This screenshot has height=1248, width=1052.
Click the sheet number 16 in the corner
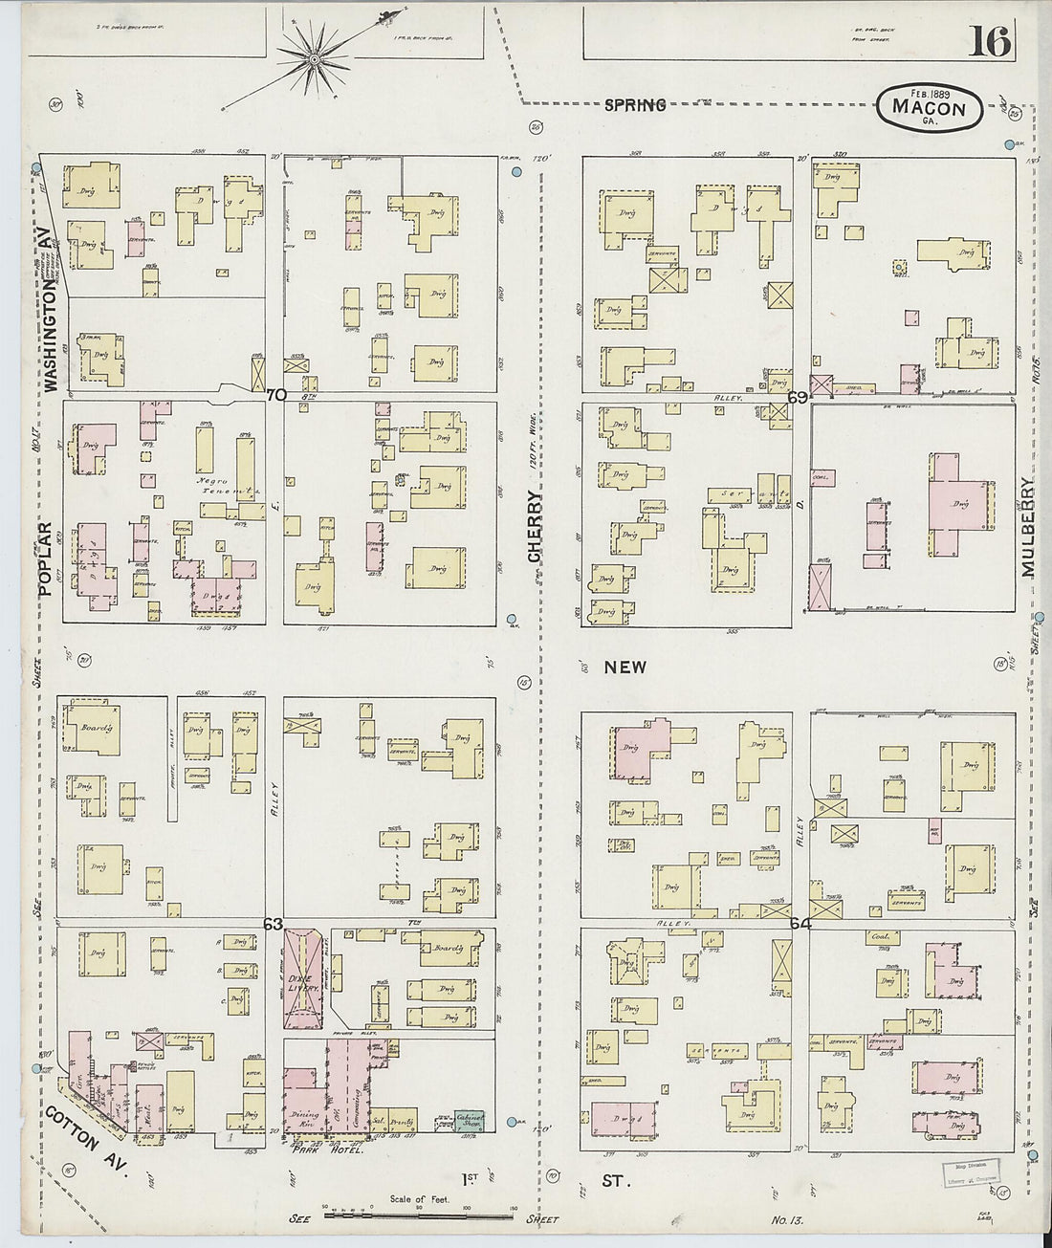[989, 41]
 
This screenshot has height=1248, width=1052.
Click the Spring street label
[635, 105]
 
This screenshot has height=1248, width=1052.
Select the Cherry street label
[535, 526]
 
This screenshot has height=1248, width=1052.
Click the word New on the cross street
[625, 668]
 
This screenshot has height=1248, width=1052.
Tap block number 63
[274, 924]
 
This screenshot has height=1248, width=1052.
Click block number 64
[800, 924]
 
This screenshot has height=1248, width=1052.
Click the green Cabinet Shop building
[470, 1122]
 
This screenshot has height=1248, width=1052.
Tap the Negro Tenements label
[234, 488]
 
